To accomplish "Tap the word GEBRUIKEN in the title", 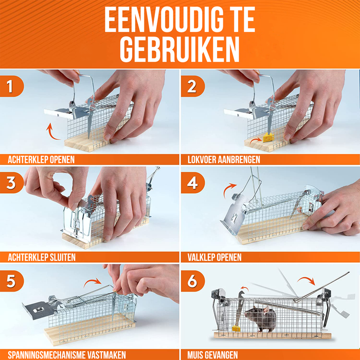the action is pyautogui.click(x=180, y=49).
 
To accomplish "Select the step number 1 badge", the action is pyautogui.click(x=11, y=86).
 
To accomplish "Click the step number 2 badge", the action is pyautogui.click(x=192, y=86).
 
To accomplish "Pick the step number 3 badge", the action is pyautogui.click(x=11, y=183).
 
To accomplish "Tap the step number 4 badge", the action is pyautogui.click(x=192, y=183).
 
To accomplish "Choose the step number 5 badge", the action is pyautogui.click(x=11, y=281).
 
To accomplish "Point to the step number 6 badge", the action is pyautogui.click(x=192, y=281).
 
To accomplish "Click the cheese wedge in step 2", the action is pyautogui.click(x=268, y=137).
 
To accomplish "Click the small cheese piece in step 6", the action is pyautogui.click(x=236, y=328).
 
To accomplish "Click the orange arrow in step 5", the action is pyautogui.click(x=92, y=281).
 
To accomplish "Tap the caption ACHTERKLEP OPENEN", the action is pyautogui.click(x=41, y=159).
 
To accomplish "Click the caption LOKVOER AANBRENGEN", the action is pyautogui.click(x=224, y=159).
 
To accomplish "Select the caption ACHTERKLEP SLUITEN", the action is pyautogui.click(x=42, y=257).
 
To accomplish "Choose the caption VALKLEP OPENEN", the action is pyautogui.click(x=214, y=257).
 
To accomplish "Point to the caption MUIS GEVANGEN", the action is pyautogui.click(x=212, y=355).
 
